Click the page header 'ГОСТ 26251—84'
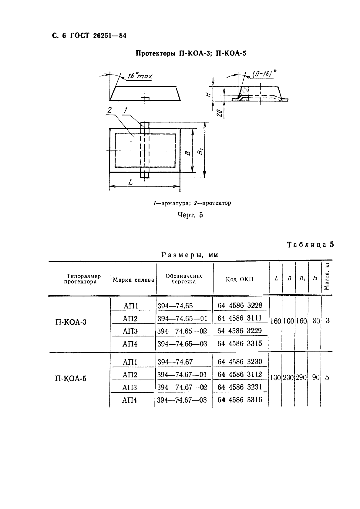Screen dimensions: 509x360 pyautogui.click(x=98, y=36)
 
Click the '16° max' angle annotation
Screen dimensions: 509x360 pyautogui.click(x=139, y=76)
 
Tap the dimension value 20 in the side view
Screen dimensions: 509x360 pyautogui.click(x=220, y=113)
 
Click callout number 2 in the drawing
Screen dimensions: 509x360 pyautogui.click(x=109, y=111)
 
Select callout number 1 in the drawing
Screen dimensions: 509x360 pyautogui.click(x=125, y=111)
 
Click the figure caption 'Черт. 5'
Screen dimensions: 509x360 pyautogui.click(x=190, y=215)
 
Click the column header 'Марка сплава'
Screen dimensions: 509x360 pyautogui.click(x=133, y=280)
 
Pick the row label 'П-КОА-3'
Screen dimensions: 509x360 pyautogui.click(x=71, y=322)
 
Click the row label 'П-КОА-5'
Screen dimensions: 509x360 pyautogui.click(x=71, y=378)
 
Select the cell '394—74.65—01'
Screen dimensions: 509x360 pyautogui.click(x=182, y=319)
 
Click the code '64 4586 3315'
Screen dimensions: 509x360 pyautogui.click(x=240, y=343)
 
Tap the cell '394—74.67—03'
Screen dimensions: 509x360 pyautogui.click(x=182, y=400)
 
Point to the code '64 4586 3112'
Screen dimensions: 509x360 pyautogui.click(x=240, y=374)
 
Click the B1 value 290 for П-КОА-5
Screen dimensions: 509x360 pyautogui.click(x=301, y=378)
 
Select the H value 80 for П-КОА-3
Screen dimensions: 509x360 pyautogui.click(x=316, y=321)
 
